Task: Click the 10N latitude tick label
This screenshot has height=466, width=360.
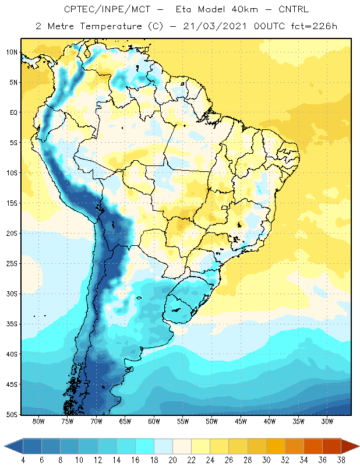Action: (x=12, y=52)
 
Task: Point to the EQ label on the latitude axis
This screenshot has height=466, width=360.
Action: (x=13, y=112)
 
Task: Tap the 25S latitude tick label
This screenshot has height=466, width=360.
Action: (x=12, y=264)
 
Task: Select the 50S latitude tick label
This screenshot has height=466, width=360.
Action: (x=12, y=415)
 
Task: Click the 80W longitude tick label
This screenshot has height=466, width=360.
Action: (x=38, y=421)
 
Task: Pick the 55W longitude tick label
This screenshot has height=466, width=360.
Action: (x=183, y=421)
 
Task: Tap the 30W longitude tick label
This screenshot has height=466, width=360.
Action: (x=327, y=421)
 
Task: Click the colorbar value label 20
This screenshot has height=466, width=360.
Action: (x=172, y=460)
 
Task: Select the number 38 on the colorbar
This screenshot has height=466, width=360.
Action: (x=341, y=460)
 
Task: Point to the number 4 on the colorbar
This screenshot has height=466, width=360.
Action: (x=23, y=460)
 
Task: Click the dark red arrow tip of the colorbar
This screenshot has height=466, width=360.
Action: (x=350, y=446)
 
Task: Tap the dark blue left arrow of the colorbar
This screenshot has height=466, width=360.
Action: (x=13, y=446)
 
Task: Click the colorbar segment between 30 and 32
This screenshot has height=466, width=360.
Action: (x=276, y=446)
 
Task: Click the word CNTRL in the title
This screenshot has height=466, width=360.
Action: (x=294, y=9)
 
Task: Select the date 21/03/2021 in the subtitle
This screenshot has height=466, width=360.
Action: (x=214, y=26)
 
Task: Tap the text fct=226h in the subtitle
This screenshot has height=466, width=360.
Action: (x=314, y=26)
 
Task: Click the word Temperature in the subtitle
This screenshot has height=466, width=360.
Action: (x=111, y=26)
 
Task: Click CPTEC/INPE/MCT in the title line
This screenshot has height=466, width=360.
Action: (x=107, y=9)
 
